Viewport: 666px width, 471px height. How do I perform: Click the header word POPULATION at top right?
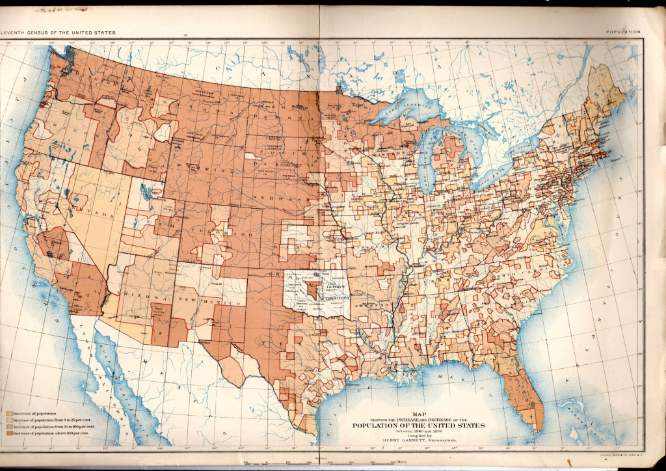click(622, 32)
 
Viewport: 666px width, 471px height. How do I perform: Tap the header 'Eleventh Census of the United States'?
click(59, 32)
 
